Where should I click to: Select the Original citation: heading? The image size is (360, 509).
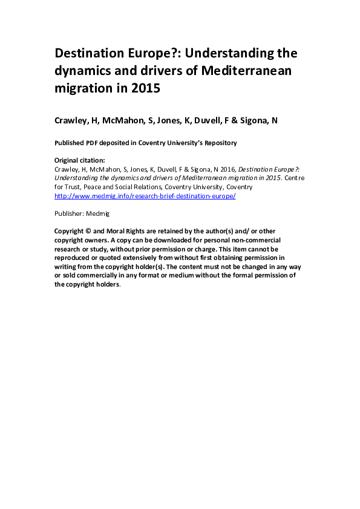coord(80,160)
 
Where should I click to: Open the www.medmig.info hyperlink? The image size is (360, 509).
coord(145,196)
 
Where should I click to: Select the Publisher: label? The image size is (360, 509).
coord(68,213)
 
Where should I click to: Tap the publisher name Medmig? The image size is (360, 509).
coord(97,213)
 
